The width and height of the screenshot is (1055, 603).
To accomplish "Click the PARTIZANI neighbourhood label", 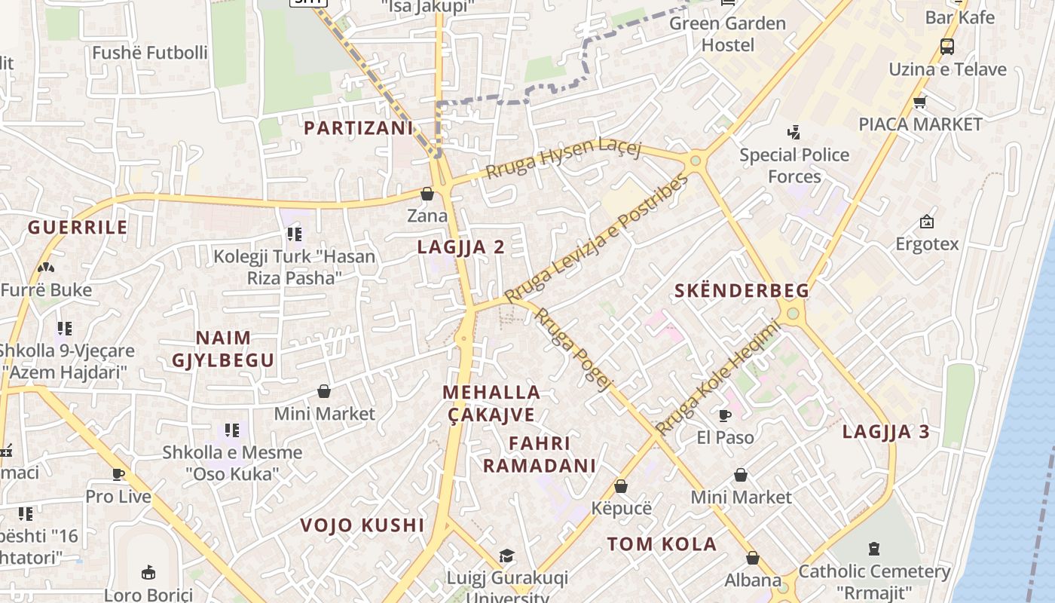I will click(x=359, y=128).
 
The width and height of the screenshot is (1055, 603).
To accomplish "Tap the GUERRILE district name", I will click(x=78, y=228).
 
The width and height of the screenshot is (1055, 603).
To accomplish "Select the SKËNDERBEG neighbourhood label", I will click(x=742, y=291).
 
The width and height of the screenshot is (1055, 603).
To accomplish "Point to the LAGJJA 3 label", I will click(x=885, y=432).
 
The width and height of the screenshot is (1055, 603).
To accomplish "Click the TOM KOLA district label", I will click(x=662, y=544).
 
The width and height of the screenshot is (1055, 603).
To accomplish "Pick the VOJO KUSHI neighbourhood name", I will click(x=362, y=525).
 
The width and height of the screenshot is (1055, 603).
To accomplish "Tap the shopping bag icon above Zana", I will click(x=427, y=194).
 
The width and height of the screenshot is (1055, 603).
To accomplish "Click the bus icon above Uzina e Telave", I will click(x=947, y=47).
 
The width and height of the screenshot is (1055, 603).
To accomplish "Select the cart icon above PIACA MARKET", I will click(x=919, y=102).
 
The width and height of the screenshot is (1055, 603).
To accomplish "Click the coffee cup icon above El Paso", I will click(x=725, y=415).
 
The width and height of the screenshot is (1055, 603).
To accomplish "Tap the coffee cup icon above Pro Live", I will click(x=118, y=474).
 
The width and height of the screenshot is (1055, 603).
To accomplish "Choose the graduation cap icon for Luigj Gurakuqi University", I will click(x=507, y=556).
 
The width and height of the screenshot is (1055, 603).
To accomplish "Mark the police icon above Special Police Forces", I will click(x=793, y=133).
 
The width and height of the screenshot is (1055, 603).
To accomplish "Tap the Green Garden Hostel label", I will click(x=727, y=34).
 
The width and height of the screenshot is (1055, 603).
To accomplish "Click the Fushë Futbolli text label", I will click(x=149, y=53).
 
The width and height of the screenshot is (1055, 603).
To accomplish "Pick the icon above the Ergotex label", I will click(x=927, y=222).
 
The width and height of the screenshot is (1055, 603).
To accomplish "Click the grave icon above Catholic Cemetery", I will click(x=874, y=548).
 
